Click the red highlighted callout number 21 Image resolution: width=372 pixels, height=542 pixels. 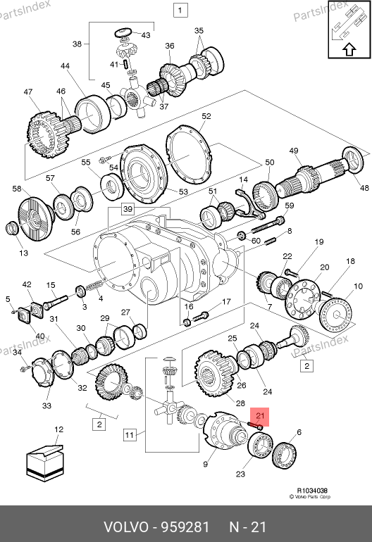pos(259,415)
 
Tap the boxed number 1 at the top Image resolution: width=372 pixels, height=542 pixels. pos(180,10)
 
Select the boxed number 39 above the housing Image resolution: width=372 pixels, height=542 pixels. pos(128,209)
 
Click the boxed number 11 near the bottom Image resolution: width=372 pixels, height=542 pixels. pos(129,435)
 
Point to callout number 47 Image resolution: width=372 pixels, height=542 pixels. pos(28,92)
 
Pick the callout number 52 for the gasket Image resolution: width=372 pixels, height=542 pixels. pos(206,116)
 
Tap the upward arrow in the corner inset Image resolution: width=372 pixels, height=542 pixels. pos(349,49)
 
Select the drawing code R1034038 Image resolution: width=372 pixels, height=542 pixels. pos(312,491)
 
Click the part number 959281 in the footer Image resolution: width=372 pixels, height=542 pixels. pos(186,527)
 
